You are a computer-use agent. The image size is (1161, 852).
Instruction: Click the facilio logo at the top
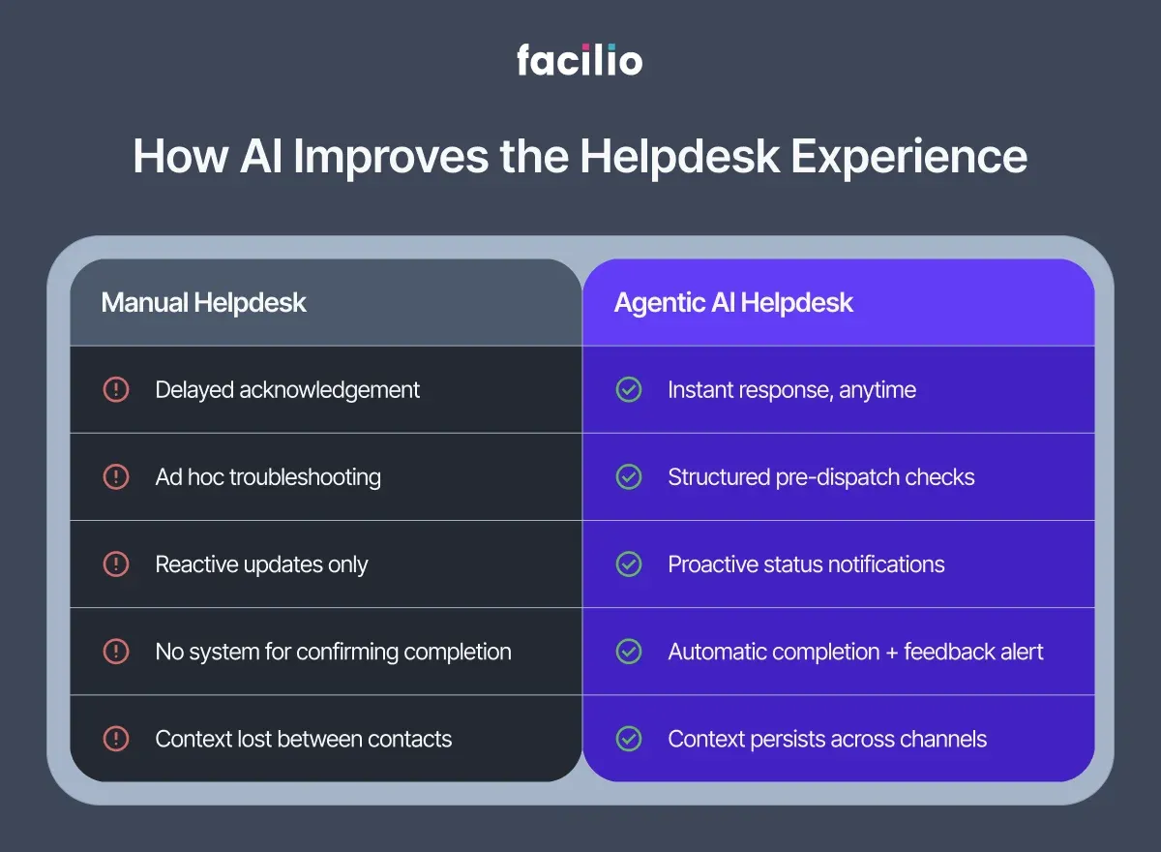point(580,60)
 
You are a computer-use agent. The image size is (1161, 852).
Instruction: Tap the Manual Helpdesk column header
point(203,302)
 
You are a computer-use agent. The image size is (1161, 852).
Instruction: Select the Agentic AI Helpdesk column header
point(733,302)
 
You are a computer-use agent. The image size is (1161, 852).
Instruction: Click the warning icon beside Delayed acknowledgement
point(116,390)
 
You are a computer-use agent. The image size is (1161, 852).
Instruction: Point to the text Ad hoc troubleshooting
point(268,477)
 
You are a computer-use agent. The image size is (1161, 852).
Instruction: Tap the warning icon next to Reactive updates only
point(116,564)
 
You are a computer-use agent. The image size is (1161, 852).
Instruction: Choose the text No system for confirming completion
point(333,652)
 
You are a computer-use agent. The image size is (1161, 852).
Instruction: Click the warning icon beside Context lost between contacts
point(116,739)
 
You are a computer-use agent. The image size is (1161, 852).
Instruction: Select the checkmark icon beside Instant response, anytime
point(629,390)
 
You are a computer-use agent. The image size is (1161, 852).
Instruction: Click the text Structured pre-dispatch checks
point(820,477)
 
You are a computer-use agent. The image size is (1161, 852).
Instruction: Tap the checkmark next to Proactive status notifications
point(629,564)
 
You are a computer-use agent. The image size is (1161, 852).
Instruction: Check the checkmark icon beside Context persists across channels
point(629,739)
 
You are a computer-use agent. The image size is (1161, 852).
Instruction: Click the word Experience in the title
point(909,157)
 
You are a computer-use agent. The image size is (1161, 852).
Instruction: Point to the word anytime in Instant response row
point(878,391)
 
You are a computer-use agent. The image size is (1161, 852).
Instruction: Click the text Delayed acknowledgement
point(287,390)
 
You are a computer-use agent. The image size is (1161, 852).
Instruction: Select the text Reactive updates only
point(261,564)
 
